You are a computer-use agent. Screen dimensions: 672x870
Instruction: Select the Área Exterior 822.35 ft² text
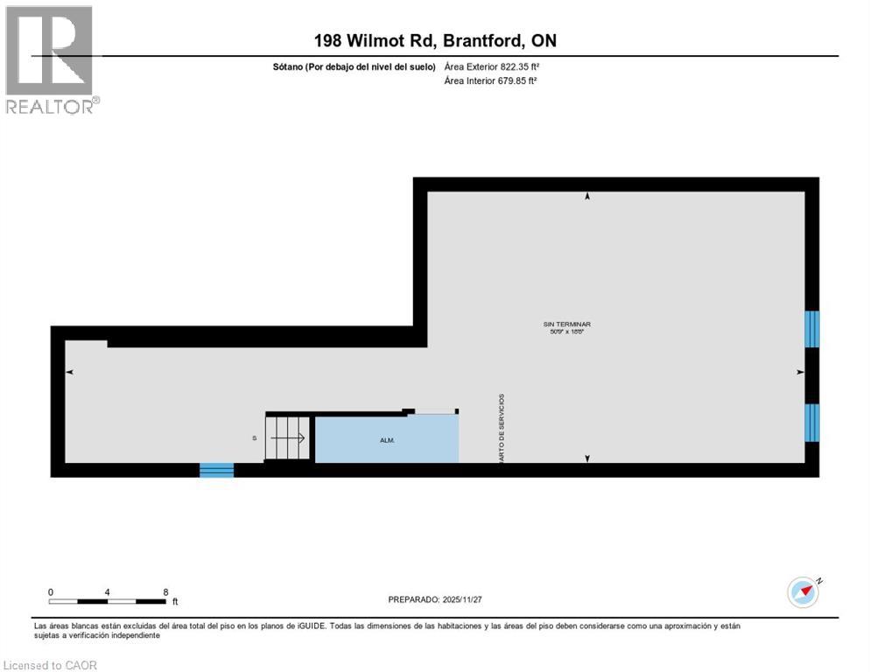pyautogui.click(x=490, y=66)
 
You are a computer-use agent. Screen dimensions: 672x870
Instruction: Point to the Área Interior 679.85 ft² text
pyautogui.click(x=490, y=80)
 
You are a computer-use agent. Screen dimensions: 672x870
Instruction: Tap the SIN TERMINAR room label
pyautogui.click(x=572, y=325)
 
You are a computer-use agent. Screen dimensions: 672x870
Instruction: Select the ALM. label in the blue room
pyautogui.click(x=387, y=440)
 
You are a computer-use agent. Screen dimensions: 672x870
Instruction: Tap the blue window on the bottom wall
pyautogui.click(x=216, y=470)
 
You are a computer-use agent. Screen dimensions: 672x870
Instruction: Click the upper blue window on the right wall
pyautogui.click(x=812, y=329)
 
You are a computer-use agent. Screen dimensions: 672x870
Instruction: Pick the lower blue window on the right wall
pyautogui.click(x=812, y=422)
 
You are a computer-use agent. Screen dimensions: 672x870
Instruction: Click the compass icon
pyautogui.click(x=803, y=591)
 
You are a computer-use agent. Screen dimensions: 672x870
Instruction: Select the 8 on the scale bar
pyautogui.click(x=165, y=591)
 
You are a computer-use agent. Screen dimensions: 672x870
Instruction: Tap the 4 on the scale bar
pyautogui.click(x=108, y=591)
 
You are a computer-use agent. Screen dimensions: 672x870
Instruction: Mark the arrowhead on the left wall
pyautogui.click(x=69, y=373)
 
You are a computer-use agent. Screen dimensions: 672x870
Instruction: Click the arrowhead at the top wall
pyautogui.click(x=587, y=197)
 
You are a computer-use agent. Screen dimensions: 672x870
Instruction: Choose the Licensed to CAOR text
pyautogui.click(x=51, y=665)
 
